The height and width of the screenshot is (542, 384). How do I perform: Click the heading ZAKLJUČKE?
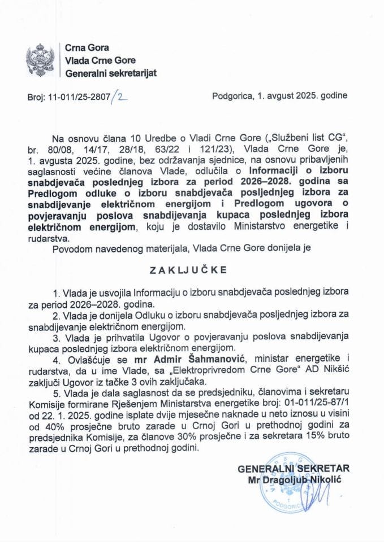pos(192,270)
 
